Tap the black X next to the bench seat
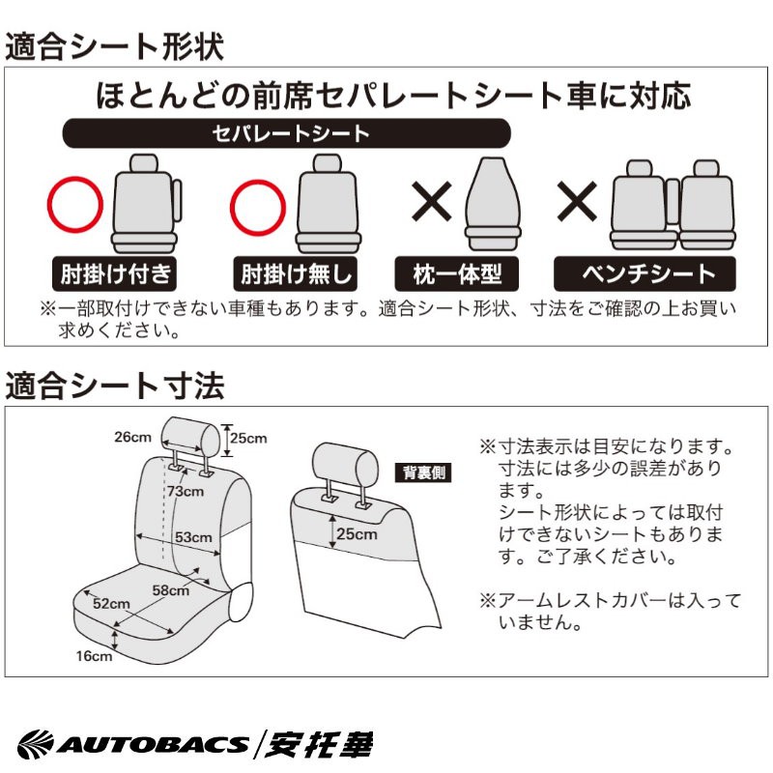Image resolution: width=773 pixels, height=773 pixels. point(577,201)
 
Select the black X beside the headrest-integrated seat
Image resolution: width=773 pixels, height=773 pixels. point(432,201)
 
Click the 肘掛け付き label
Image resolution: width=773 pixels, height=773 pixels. point(114,273)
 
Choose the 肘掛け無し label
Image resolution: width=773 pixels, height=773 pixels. point(296,273)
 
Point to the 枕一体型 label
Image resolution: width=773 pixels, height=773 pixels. point(456,273)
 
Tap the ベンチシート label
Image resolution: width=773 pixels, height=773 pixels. point(644,273)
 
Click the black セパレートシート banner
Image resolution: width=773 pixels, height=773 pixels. point(286,133)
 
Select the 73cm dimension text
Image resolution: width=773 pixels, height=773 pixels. point(186,491)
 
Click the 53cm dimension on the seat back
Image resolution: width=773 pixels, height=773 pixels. point(193,537)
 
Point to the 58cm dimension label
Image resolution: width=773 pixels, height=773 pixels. point(171,590)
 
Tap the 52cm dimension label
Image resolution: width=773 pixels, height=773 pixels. point(111,603)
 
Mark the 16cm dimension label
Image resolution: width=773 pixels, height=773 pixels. point(94,656)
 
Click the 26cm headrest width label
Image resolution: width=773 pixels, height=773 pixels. point(132,437)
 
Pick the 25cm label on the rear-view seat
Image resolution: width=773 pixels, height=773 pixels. point(357,534)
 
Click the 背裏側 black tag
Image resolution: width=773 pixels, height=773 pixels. point(424,472)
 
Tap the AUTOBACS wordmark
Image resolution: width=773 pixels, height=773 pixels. point(152,744)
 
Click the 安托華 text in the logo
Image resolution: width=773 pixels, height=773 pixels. point(319,744)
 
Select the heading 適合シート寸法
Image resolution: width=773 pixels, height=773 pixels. point(114,385)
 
